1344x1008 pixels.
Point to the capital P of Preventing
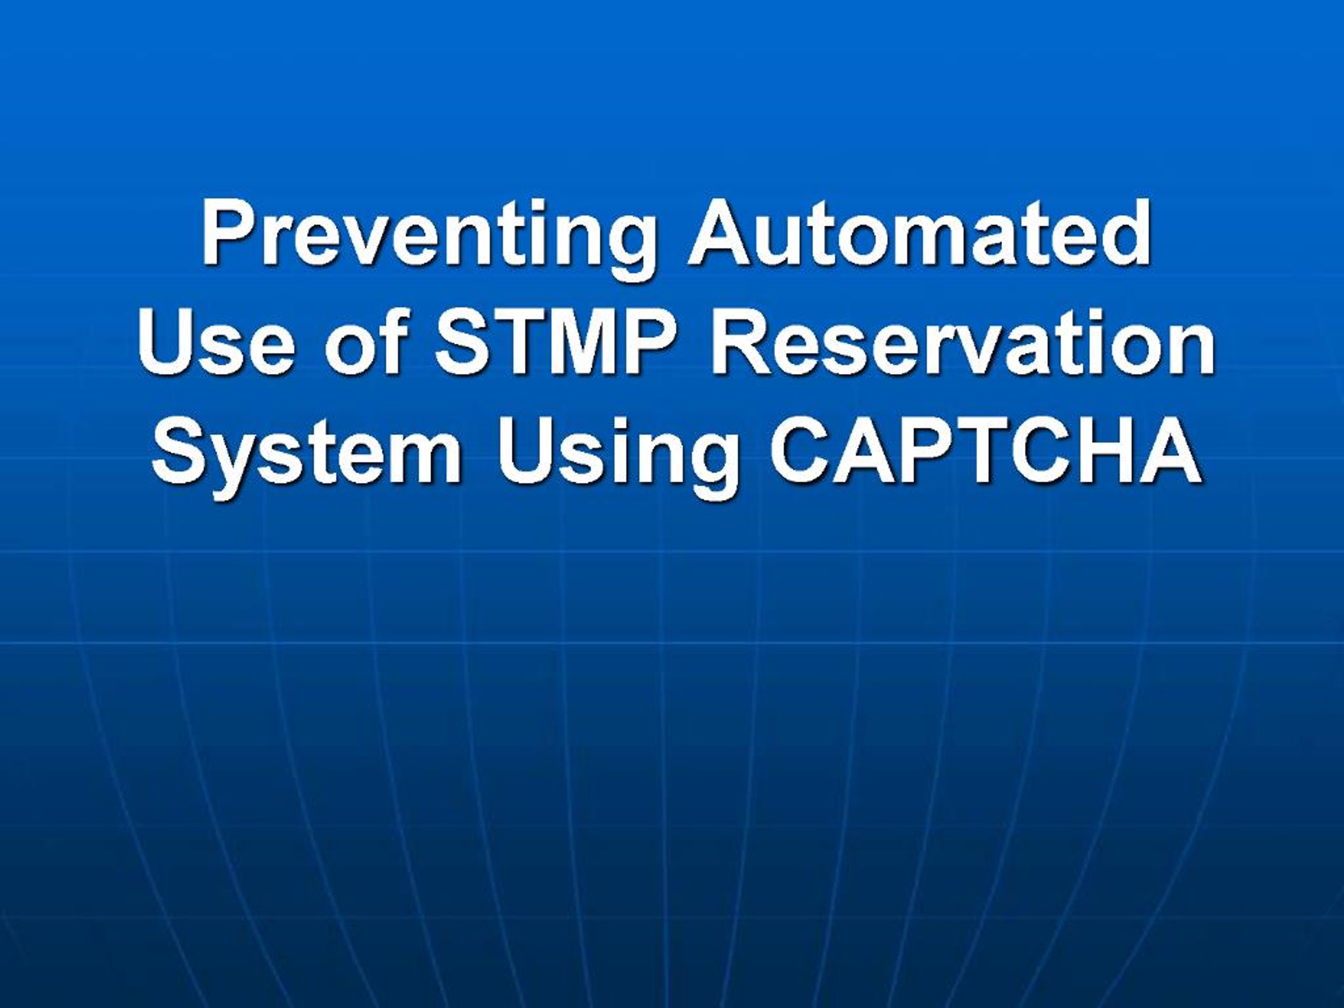point(229,233)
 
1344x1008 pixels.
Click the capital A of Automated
point(720,233)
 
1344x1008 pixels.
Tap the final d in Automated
point(1123,233)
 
